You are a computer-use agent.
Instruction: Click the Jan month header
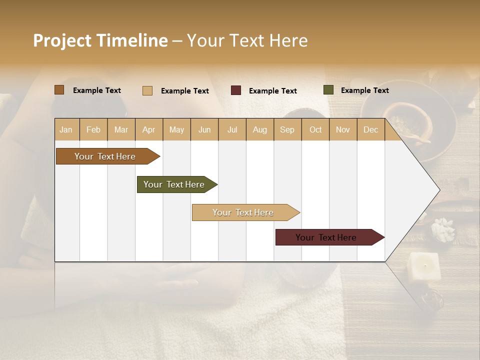[66, 129]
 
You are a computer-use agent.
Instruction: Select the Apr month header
[148, 129]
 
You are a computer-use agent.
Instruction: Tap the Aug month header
[259, 129]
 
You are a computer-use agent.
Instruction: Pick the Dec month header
[370, 129]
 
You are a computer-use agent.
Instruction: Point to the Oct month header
[315, 129]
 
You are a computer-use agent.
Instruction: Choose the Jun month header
[204, 129]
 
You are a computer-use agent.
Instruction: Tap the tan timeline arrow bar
[243, 212]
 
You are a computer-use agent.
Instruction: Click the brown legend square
[59, 90]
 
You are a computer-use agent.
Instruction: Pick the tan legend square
[147, 90]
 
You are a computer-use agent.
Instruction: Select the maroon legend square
[235, 90]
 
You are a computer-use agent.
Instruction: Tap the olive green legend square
[328, 90]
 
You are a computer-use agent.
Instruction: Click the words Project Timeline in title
[100, 40]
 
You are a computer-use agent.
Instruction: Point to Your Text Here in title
[247, 40]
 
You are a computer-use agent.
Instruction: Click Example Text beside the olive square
[364, 90]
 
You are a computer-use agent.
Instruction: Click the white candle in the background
[424, 266]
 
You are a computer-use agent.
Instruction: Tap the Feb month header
[93, 129]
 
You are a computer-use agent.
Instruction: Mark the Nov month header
[343, 129]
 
